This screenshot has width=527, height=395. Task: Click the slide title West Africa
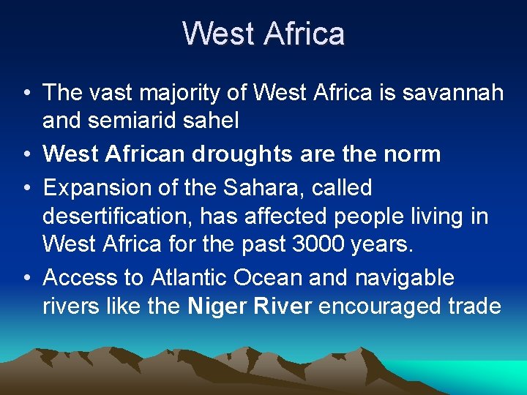click(x=263, y=34)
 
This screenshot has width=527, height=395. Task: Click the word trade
click(x=474, y=306)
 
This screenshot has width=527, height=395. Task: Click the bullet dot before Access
click(x=26, y=279)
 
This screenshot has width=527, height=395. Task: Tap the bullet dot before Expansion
click(x=26, y=189)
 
